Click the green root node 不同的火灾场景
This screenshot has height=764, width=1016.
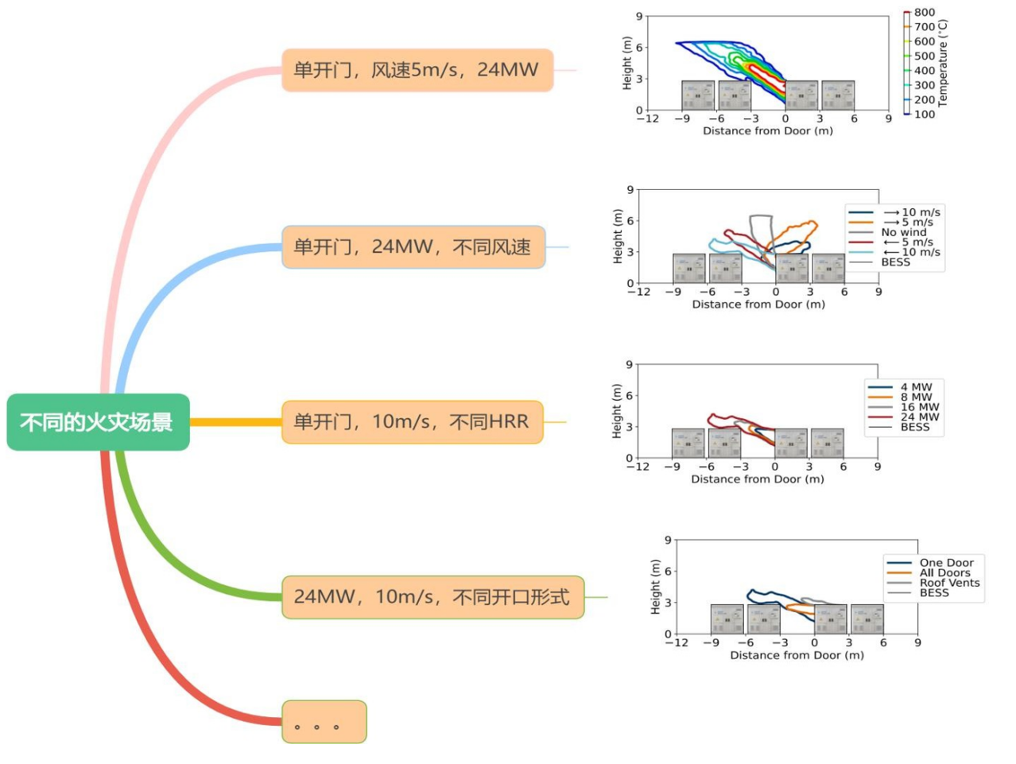click(98, 421)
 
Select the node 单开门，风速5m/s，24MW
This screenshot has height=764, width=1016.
click(417, 70)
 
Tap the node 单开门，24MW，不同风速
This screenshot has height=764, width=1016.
click(413, 246)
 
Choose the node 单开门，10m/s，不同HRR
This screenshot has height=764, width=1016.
click(412, 421)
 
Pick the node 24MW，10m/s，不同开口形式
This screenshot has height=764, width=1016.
click(432, 597)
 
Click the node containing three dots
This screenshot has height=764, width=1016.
click(324, 721)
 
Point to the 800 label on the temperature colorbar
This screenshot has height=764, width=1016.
click(924, 13)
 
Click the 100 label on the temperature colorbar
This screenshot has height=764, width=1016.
click(924, 114)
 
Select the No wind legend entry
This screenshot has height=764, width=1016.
click(903, 232)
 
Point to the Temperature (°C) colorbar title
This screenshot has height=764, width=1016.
click(942, 63)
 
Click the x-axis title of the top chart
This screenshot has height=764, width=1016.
click(767, 131)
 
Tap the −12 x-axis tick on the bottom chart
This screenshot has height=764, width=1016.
click(677, 642)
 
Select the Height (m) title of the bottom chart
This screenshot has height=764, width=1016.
click(655, 587)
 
